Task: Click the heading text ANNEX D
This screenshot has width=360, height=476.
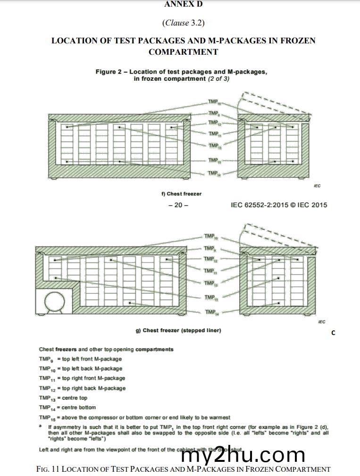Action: coord(184,4)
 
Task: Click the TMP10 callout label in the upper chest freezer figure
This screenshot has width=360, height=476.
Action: coord(214,102)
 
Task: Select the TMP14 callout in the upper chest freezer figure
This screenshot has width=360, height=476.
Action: coord(214,174)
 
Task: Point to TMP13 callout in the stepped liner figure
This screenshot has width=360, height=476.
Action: coord(210,283)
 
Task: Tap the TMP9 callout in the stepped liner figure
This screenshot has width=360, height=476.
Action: coord(210,248)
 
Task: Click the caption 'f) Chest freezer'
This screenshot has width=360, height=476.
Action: coord(181,194)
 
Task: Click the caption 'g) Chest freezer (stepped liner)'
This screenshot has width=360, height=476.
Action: coord(178,330)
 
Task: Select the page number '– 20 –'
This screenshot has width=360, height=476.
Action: coord(178,205)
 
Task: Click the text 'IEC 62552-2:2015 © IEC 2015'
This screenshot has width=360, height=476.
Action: coord(279,205)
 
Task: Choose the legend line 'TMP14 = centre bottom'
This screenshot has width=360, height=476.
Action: coord(67,408)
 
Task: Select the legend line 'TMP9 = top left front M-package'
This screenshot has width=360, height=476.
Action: coord(80,359)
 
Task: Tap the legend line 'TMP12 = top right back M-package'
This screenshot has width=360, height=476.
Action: coord(82,388)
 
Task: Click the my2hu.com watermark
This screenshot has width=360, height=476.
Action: coord(243,455)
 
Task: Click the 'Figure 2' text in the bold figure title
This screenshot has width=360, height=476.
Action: coord(105,72)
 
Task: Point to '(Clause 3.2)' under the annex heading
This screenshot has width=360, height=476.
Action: coord(183,22)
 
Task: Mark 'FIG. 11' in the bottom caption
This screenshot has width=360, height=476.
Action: coord(48,469)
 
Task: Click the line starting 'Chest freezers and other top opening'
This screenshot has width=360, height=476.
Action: coord(106,349)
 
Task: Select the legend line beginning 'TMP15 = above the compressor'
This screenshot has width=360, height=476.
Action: coord(134,418)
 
